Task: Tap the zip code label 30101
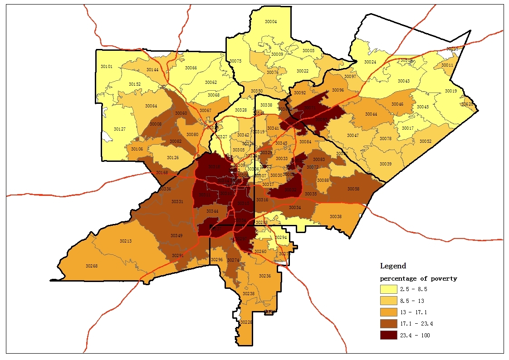click(x=106, y=67)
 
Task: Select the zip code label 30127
click(x=119, y=129)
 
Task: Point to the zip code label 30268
click(x=91, y=266)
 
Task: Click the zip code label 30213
click(x=125, y=241)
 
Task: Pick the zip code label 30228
click(x=246, y=322)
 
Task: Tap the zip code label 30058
click(x=353, y=189)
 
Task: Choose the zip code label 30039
click(x=385, y=164)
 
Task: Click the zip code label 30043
click(x=403, y=81)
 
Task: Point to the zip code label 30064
click(x=151, y=106)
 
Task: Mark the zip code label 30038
click(x=335, y=217)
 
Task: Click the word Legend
click(x=393, y=266)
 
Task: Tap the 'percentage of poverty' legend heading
click(x=418, y=278)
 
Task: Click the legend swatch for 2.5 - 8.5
click(x=388, y=289)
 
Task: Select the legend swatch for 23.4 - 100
click(x=388, y=335)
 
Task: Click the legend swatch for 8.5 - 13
click(x=388, y=301)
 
